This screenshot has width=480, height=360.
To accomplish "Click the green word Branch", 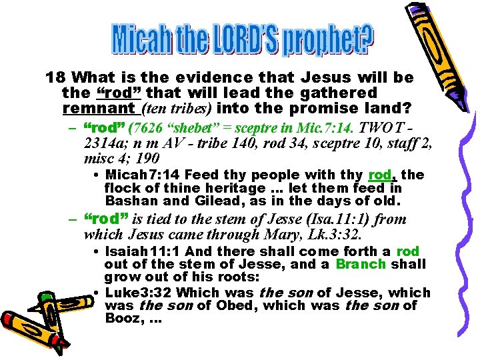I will [361, 263].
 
